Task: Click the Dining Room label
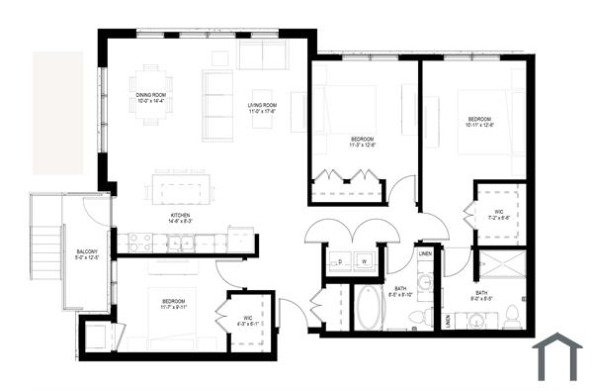pyautogui.click(x=150, y=98)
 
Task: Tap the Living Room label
pyautogui.click(x=262, y=108)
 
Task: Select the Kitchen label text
pyautogui.click(x=180, y=219)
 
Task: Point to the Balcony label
pyautogui.click(x=87, y=254)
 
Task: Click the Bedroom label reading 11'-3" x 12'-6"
pyautogui.click(x=363, y=142)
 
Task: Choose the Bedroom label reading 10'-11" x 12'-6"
pyautogui.click(x=479, y=122)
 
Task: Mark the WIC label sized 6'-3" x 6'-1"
pyautogui.click(x=248, y=320)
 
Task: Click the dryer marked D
pyautogui.click(x=341, y=262)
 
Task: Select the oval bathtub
pyautogui.click(x=368, y=308)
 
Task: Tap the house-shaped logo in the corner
pyautogui.click(x=557, y=357)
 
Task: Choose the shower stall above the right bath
pyautogui.click(x=501, y=266)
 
